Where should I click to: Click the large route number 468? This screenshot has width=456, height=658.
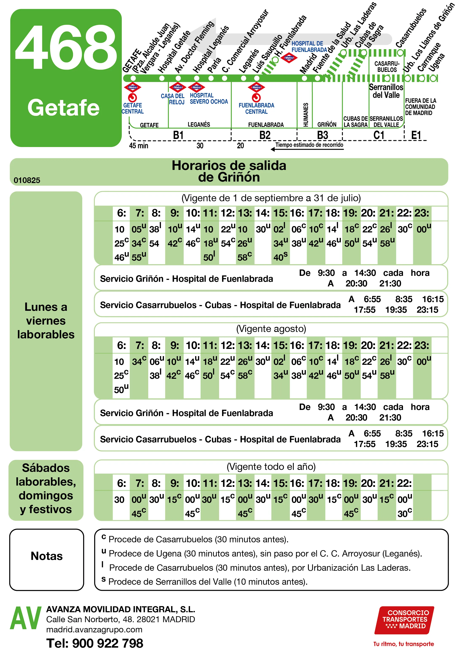tap(66, 47)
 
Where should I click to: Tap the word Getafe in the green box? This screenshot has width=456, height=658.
tap(63, 108)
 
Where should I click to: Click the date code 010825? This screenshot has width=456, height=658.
tap(27, 180)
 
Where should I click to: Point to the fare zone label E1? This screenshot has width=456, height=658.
tap(416, 135)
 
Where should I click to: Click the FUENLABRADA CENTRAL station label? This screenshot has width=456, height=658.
tap(256, 108)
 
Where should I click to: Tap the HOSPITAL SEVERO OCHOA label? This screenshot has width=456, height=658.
tap(208, 99)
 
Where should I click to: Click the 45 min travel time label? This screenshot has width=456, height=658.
tap(138, 146)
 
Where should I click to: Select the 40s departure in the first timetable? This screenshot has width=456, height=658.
tap(280, 257)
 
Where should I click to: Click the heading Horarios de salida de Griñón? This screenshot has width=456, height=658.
tap(229, 171)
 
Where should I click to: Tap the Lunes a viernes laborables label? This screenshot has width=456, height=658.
tap(46, 321)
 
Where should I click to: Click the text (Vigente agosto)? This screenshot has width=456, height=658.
tap(271, 329)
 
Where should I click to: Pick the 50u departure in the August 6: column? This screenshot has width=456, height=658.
tap(121, 389)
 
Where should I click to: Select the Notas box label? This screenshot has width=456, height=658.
tap(47, 556)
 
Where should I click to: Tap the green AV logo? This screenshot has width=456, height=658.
tap(26, 618)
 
